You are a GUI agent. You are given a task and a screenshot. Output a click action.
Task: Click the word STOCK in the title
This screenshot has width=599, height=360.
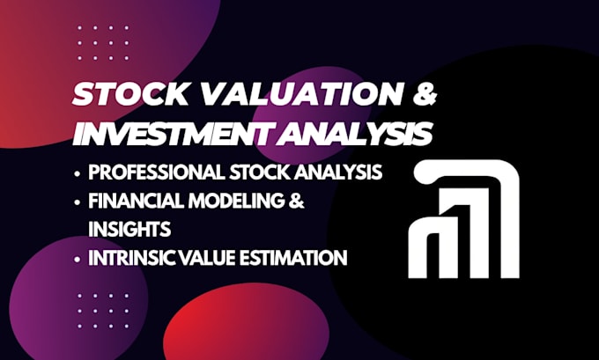129,94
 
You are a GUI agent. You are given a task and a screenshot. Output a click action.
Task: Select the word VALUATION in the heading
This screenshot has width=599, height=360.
302,94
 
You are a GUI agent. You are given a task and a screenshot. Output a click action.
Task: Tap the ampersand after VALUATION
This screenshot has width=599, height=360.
425,94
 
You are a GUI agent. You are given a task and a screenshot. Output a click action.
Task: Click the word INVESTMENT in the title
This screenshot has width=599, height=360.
176,134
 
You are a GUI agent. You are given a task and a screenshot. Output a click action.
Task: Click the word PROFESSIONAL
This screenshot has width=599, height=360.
157,173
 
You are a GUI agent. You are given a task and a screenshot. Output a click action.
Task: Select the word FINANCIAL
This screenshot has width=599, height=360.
136,201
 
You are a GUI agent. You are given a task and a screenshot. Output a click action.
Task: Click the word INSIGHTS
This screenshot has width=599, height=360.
129,230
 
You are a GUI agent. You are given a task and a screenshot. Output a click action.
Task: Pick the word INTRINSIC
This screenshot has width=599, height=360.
132,258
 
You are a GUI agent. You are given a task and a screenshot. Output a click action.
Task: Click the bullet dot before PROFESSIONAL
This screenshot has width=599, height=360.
78,173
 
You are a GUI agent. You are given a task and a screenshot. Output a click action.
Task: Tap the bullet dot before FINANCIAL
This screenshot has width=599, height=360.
78,202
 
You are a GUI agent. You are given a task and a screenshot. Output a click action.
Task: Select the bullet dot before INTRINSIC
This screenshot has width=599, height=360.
78,259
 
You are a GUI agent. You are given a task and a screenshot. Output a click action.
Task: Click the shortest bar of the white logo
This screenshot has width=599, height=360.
424,247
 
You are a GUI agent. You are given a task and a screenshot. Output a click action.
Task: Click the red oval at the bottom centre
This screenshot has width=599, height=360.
247,321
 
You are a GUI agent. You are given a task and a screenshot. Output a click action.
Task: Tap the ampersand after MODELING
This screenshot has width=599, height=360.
297,201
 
